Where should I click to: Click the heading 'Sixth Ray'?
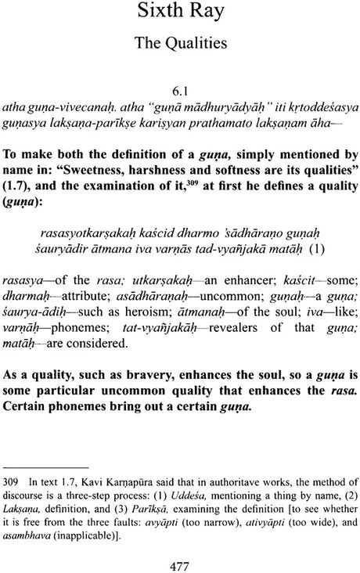(x=180, y=16)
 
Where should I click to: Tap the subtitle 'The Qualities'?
(x=180, y=49)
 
